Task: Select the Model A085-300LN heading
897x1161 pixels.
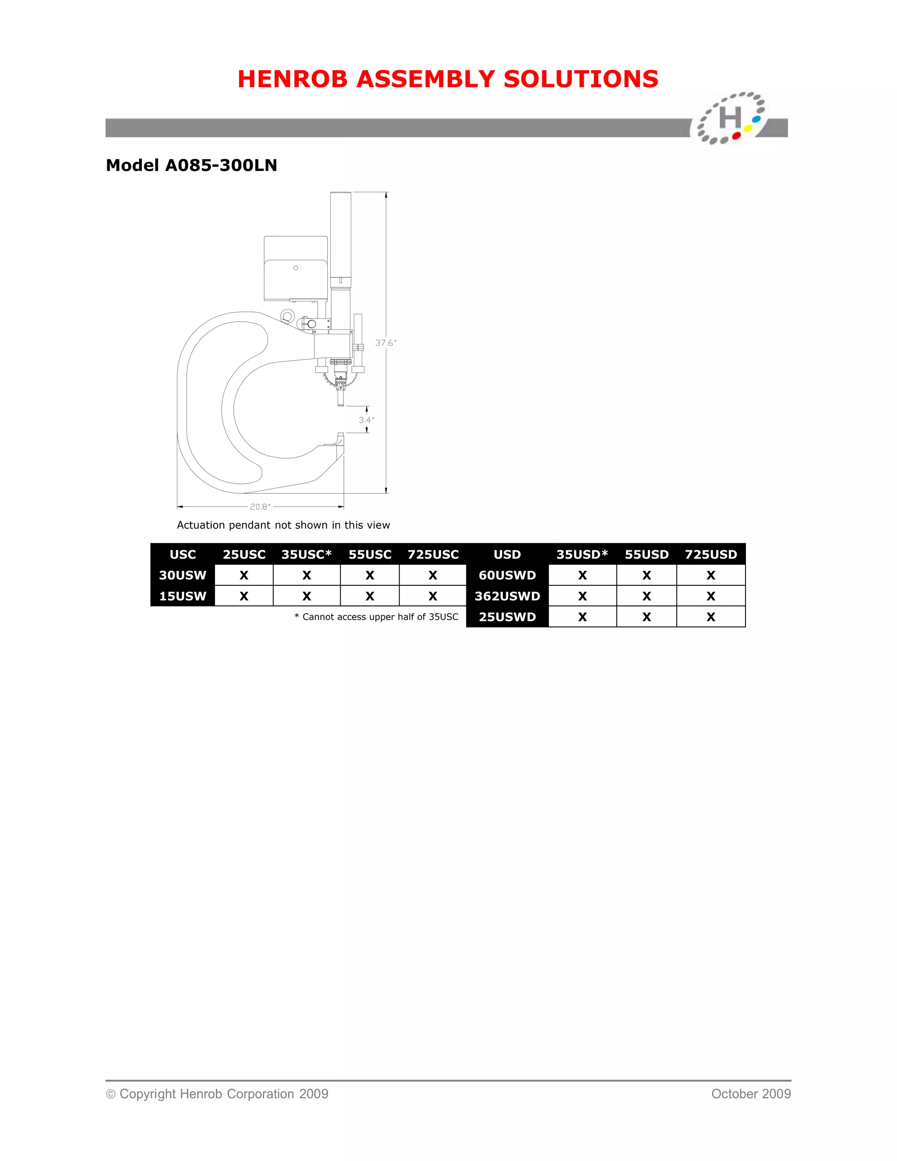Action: point(191,165)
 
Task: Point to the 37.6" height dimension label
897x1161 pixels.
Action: point(386,343)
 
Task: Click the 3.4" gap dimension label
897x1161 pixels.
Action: point(366,420)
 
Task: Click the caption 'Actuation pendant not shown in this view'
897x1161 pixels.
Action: point(283,525)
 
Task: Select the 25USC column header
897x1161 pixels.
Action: point(244,555)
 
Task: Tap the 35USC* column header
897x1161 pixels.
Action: point(307,555)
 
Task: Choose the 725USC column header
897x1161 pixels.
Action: point(433,555)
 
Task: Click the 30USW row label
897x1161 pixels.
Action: point(183,575)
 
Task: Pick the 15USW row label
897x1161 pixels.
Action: point(183,596)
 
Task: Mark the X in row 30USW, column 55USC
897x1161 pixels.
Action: point(370,575)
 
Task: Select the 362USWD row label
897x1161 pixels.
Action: point(508,596)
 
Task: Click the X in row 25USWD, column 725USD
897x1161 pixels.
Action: point(711,617)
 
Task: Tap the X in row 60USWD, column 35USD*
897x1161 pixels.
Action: point(583,575)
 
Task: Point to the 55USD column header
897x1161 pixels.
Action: point(647,555)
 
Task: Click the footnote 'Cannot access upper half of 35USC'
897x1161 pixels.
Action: point(380,617)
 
